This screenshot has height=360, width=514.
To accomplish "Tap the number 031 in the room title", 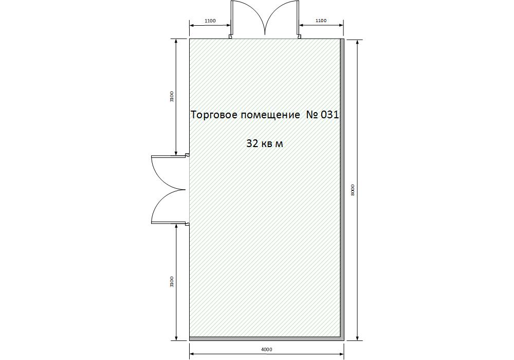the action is click(x=329, y=115).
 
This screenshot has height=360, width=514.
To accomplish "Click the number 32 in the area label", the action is click(x=252, y=143).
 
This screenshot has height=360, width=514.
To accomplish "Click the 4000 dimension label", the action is click(x=266, y=350).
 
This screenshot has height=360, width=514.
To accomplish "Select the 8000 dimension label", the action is click(x=353, y=190).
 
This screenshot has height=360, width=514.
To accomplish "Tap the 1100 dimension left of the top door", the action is click(x=210, y=21).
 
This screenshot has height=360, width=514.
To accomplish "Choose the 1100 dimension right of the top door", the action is click(x=321, y=21).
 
